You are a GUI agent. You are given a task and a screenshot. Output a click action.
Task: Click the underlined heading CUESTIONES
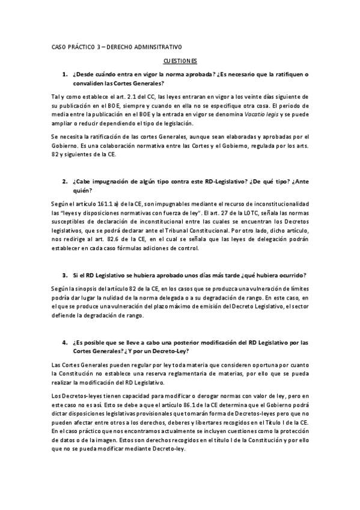[180, 61]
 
